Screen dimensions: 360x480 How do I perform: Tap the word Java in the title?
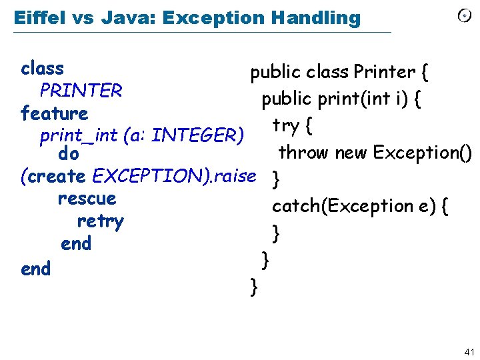(121, 17)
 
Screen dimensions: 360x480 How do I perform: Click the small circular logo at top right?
(464, 16)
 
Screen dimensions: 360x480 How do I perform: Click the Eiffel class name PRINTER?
(81, 90)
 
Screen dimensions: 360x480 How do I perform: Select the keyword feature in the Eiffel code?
(54, 113)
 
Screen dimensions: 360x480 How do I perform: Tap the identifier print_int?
(79, 135)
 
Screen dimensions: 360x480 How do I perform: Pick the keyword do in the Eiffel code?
(69, 155)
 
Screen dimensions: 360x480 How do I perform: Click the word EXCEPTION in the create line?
(136, 176)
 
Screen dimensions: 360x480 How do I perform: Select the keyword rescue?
(87, 199)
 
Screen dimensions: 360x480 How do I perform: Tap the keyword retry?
(100, 221)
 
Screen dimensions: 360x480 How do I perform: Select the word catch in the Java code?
(295, 206)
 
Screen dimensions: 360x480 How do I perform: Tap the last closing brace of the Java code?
(253, 287)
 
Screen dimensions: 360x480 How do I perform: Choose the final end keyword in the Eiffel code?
(35, 269)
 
